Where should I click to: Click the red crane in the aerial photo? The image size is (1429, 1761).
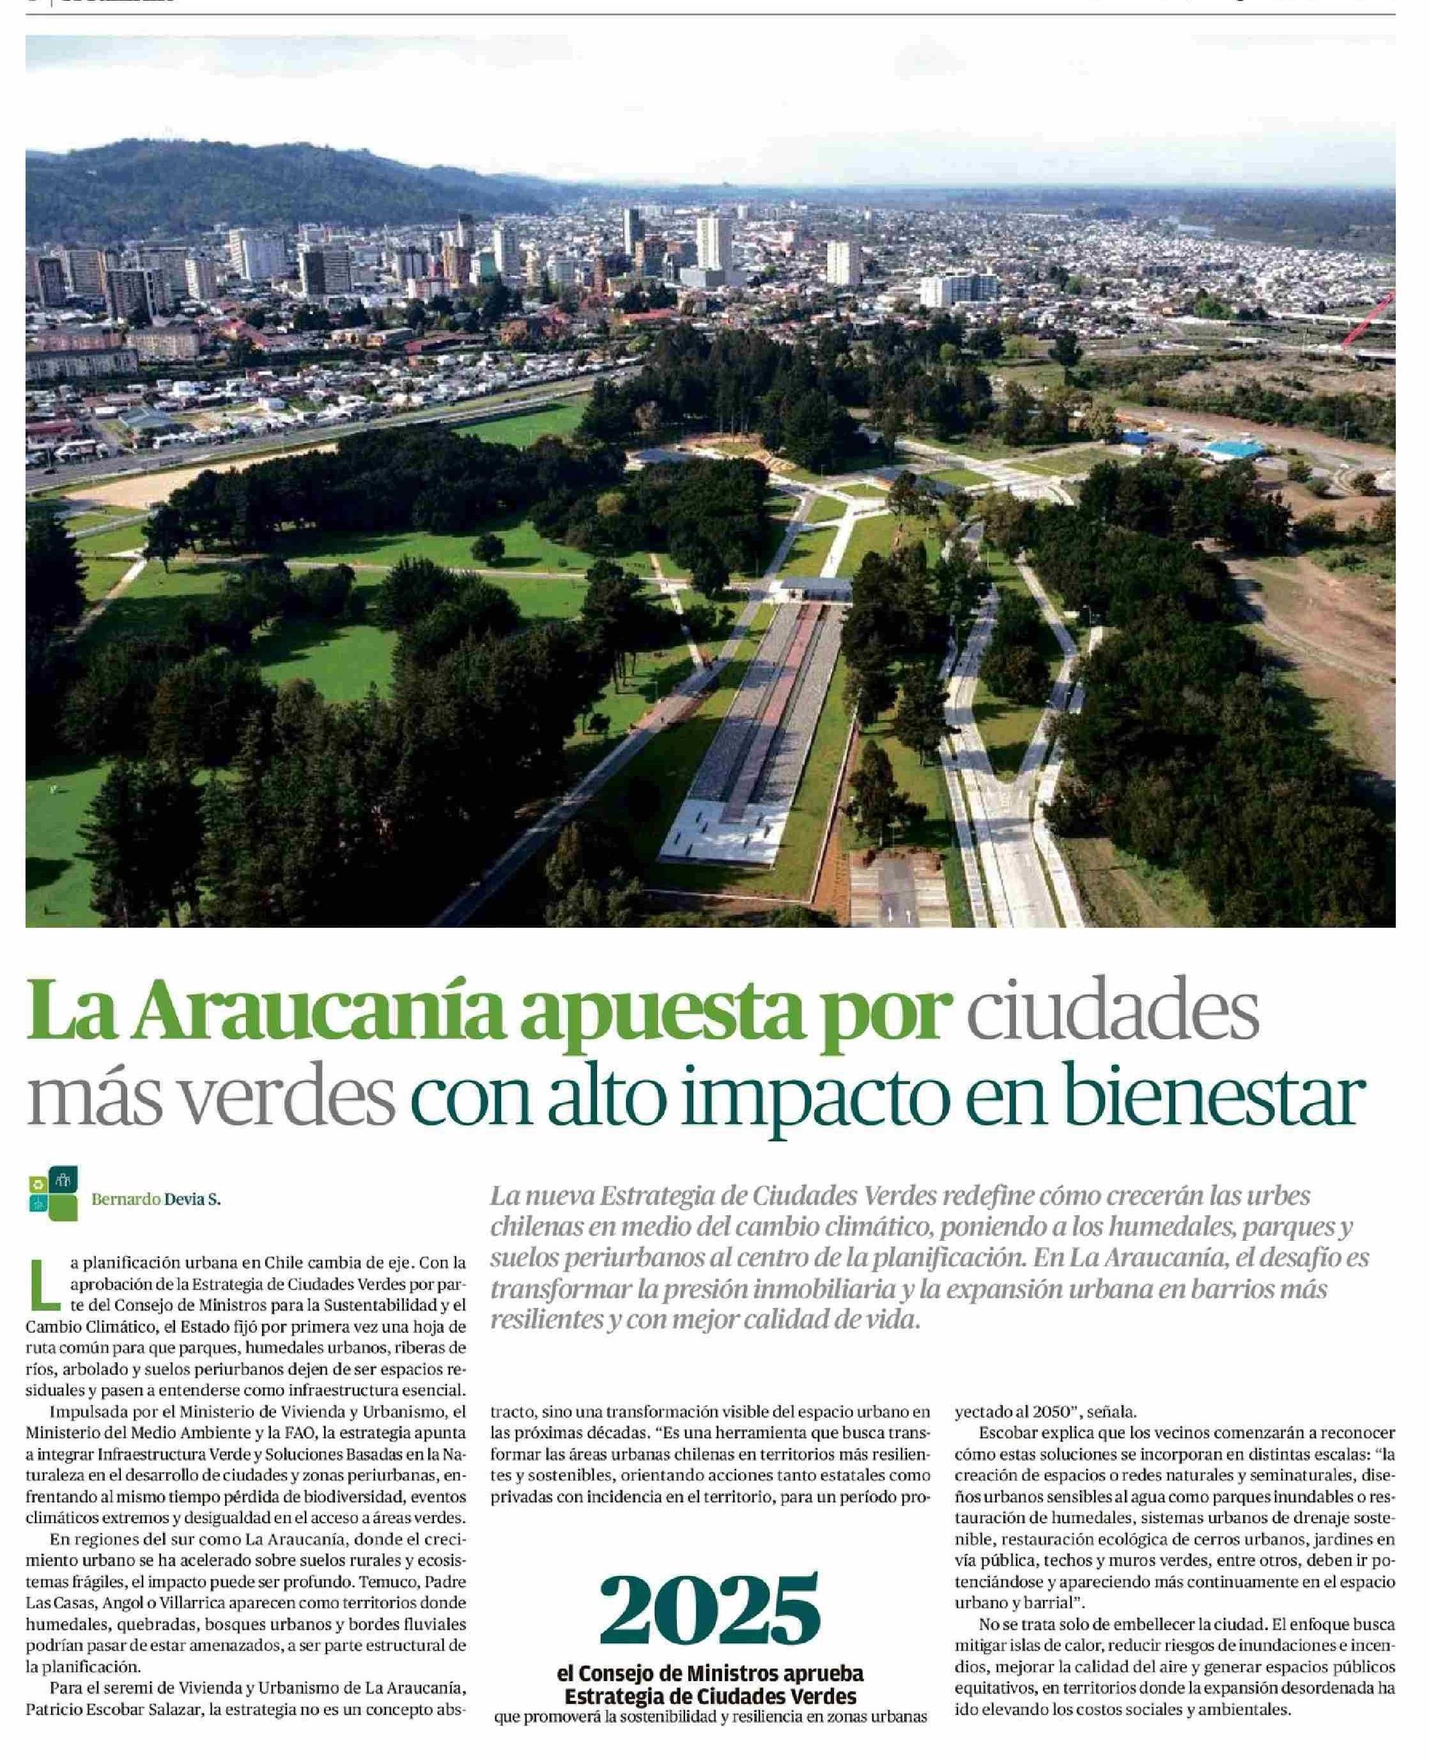(x=1367, y=320)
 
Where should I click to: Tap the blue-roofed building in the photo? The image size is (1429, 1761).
(x=1235, y=449)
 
